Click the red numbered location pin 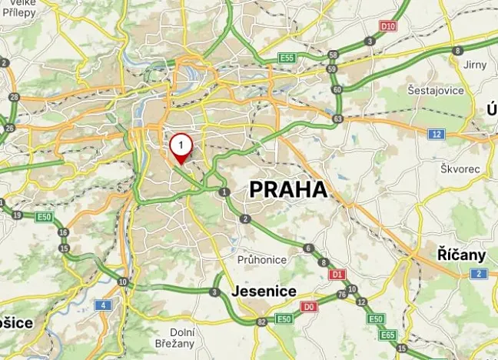click(x=181, y=145)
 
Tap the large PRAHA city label click(x=288, y=189)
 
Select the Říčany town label click(x=461, y=255)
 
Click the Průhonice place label click(x=261, y=260)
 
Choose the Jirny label click(x=475, y=65)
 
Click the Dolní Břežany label click(x=182, y=338)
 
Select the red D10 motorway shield click(x=388, y=26)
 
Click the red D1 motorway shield click(x=335, y=274)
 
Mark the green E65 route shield click(x=388, y=335)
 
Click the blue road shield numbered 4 click(x=102, y=305)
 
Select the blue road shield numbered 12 click(x=437, y=135)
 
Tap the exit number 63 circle click(x=338, y=119)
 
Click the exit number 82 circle click(x=262, y=321)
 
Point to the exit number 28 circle click(x=14, y=97)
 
